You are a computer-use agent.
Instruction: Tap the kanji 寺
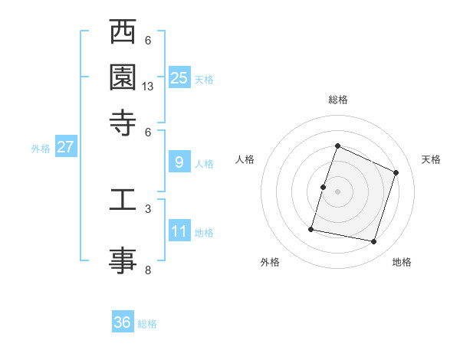[123, 120]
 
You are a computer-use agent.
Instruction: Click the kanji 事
[123, 258]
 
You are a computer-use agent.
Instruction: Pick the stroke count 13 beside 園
[148, 87]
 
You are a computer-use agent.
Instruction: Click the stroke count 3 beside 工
[148, 208]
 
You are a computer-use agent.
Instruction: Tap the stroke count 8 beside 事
[148, 270]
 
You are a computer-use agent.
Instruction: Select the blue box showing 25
[179, 77]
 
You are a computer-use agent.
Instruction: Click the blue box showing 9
[179, 162]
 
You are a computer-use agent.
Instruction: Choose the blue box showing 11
[179, 231]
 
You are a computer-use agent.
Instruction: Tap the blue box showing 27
[65, 148]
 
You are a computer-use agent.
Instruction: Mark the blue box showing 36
[123, 322]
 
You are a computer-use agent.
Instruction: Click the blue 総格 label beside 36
[147, 324]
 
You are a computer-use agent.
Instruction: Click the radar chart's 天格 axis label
[431, 159]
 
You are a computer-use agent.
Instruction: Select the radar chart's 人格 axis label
[245, 159]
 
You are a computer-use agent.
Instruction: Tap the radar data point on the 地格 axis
[373, 242]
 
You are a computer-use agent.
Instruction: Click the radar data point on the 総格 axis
[337, 146]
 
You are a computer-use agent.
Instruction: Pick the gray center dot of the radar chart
[337, 191]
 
